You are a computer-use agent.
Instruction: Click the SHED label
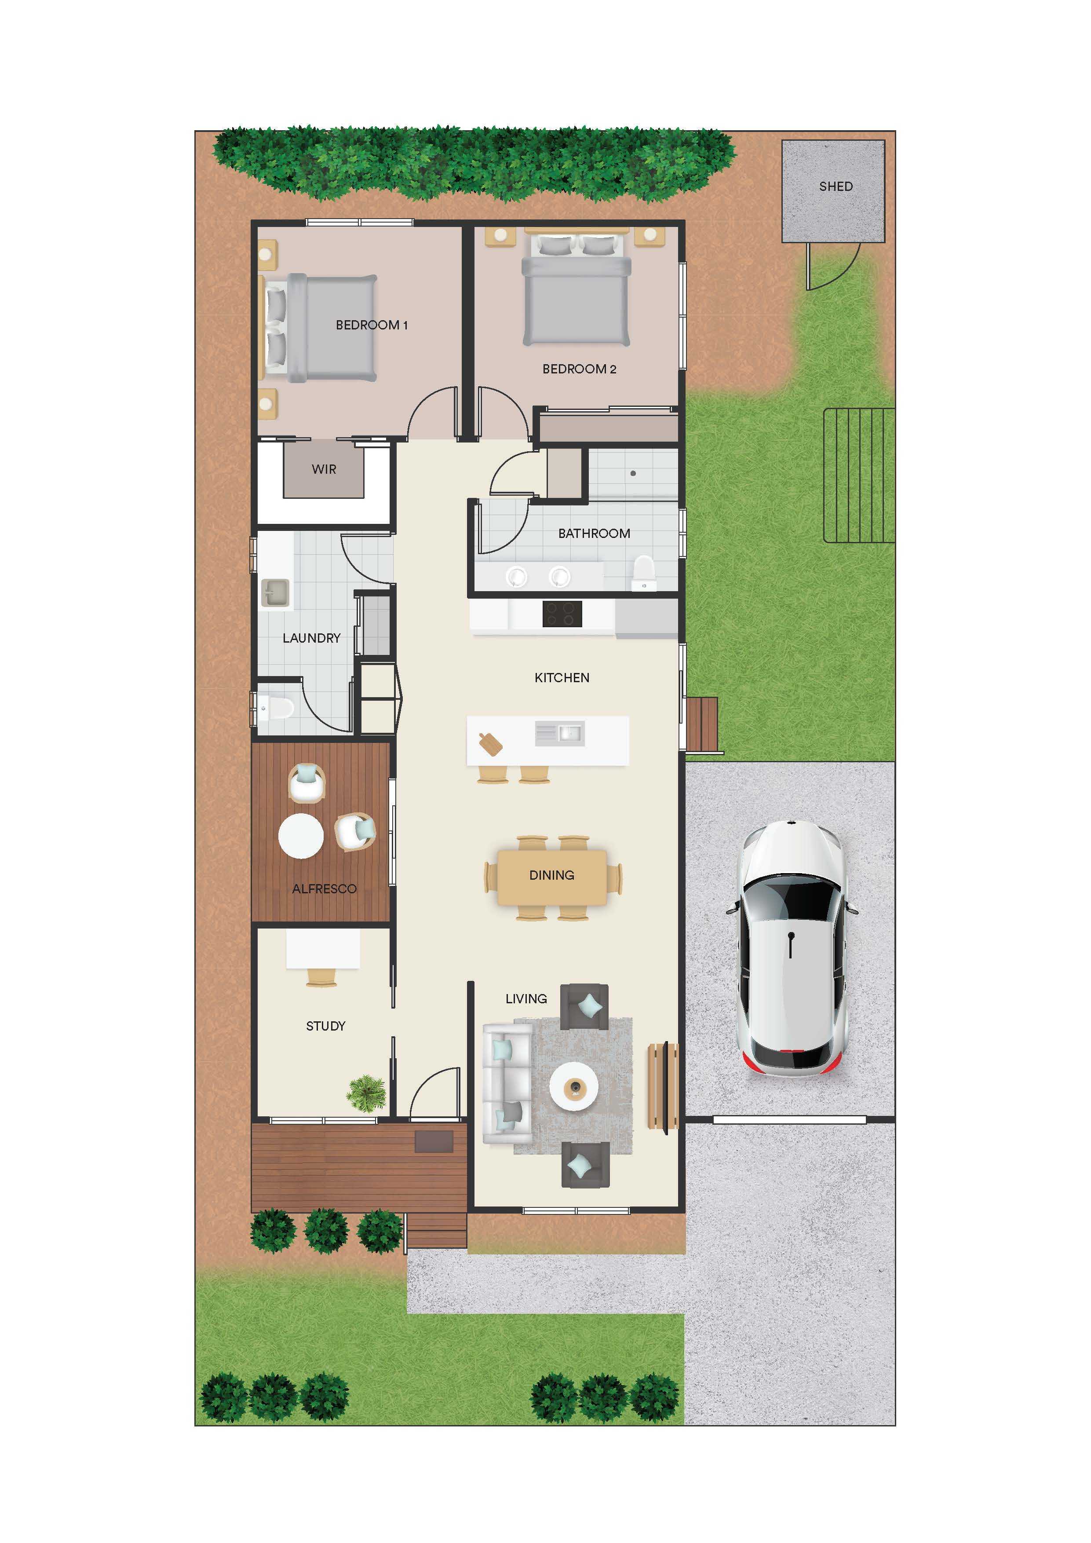coord(836,186)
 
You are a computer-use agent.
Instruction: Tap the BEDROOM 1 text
coord(372,325)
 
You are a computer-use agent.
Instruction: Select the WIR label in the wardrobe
coord(324,469)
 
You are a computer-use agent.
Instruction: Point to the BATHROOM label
coord(594,533)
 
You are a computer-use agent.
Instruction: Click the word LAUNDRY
coord(311,638)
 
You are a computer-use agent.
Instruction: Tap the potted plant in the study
coord(367,1093)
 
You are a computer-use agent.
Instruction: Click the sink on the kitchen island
coord(560,733)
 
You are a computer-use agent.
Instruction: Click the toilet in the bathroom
coord(644,573)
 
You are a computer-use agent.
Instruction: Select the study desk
coord(323,948)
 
